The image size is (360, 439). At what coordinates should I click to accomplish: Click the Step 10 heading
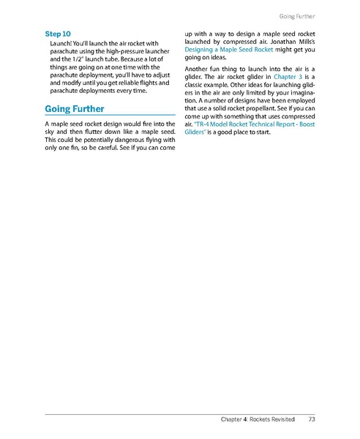pyautogui.click(x=58, y=34)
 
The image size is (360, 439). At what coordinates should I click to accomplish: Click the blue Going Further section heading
pyautogui.click(x=75, y=109)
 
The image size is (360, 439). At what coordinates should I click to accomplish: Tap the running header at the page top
pyautogui.click(x=296, y=15)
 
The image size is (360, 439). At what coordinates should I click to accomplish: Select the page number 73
pyautogui.click(x=312, y=420)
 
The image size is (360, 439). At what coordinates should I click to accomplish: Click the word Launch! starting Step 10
pyautogui.click(x=64, y=45)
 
